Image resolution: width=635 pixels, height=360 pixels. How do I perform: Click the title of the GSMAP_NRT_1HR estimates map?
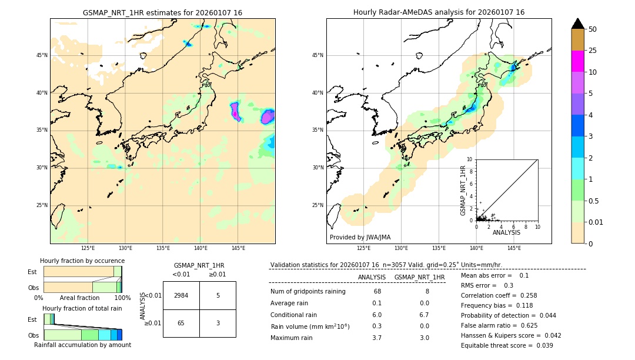[162, 12]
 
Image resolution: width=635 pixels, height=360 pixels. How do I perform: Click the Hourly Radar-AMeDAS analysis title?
[439, 12]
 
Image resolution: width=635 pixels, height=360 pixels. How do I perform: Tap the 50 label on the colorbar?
[593, 29]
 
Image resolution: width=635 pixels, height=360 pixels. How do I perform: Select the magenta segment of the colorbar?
[577, 61]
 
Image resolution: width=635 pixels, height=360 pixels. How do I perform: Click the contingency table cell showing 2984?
[181, 295]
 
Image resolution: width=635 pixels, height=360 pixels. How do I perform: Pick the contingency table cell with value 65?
[181, 323]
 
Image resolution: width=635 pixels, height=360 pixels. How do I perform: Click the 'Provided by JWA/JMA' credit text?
[360, 237]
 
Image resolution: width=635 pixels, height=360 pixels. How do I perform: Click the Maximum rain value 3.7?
[377, 338]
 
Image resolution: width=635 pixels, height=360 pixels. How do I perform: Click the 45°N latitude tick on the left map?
[42, 55]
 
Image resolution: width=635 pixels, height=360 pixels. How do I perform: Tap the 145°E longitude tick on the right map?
[514, 248]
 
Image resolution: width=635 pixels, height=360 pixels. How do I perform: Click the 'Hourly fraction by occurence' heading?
[82, 261]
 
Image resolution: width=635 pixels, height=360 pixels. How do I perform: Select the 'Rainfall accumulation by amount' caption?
[82, 345]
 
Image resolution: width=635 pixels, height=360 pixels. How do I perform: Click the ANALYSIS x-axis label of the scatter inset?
[506, 232]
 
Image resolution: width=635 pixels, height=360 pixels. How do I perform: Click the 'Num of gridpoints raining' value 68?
[377, 291]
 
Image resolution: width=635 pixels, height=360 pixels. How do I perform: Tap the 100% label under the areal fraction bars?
[122, 298]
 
